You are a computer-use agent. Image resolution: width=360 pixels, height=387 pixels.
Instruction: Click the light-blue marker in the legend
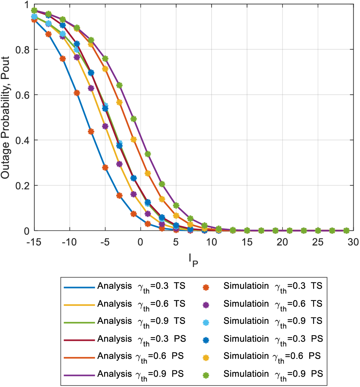tap(206, 322)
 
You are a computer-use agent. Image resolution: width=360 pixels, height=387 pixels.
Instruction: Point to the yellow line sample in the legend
tap(79, 304)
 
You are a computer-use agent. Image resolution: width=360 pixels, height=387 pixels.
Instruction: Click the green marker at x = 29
tap(346, 230)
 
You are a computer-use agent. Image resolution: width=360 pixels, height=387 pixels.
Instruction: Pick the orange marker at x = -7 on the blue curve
tap(91, 131)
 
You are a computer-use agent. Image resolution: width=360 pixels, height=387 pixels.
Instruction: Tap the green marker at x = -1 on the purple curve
tap(134, 119)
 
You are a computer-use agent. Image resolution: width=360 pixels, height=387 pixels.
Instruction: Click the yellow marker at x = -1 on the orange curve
tap(134, 140)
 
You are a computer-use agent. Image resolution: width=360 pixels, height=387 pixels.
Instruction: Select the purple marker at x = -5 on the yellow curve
tap(105, 126)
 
